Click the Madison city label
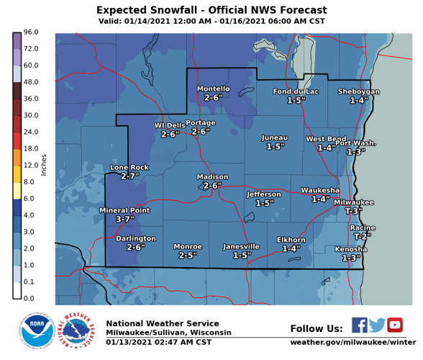click(x=212, y=176)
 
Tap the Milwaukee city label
click(x=353, y=202)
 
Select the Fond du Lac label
click(x=295, y=91)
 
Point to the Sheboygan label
click(x=358, y=91)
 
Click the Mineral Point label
click(x=124, y=210)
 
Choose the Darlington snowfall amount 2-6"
click(x=136, y=247)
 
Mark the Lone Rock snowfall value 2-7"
click(x=129, y=176)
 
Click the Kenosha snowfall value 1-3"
click(x=351, y=258)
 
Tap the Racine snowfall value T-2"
click(x=362, y=236)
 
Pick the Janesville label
click(x=241, y=246)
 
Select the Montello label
click(x=213, y=89)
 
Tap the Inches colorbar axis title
click(x=44, y=165)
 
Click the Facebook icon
click(x=360, y=325)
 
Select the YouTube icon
click(x=394, y=325)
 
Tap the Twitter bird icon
click(x=377, y=325)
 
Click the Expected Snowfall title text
click(x=211, y=10)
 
